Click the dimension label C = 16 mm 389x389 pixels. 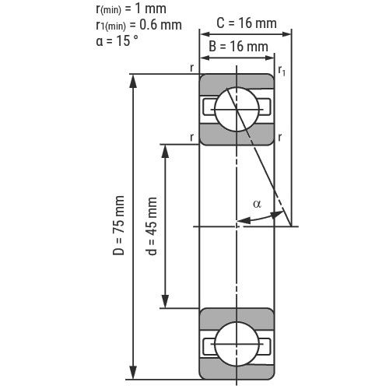coord(247,23)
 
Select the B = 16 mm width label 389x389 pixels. coord(238,47)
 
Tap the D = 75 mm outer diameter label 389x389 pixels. coord(118,225)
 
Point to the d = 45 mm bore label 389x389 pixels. coord(152,226)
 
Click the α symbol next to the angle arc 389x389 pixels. coord(257,204)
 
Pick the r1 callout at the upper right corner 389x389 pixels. coord(282,71)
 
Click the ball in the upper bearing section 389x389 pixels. coord(237,110)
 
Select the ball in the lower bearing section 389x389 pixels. coord(237,344)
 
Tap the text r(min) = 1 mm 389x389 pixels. coord(131,9)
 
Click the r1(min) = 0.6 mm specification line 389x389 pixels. coord(138,25)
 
